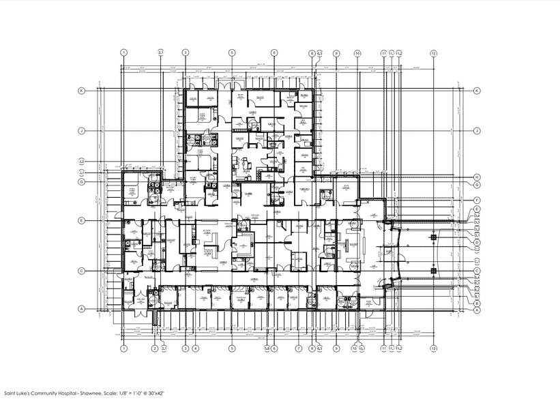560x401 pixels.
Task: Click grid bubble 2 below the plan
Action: (x=155, y=348)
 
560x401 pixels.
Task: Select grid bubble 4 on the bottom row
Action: (x=195, y=348)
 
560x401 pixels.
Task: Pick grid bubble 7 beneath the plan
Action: (x=298, y=348)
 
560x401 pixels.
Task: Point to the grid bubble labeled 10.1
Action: (x=362, y=348)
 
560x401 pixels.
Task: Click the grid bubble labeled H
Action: (x=477, y=177)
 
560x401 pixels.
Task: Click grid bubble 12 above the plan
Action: (x=433, y=53)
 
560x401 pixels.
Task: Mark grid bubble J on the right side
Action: (x=477, y=130)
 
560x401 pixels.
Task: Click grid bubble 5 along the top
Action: (x=232, y=53)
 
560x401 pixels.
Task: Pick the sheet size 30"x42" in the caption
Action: (x=174, y=393)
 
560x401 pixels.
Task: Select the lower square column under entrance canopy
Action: (x=433, y=271)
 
